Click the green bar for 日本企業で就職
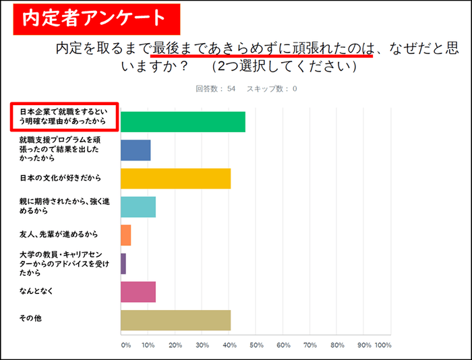tap(183, 121)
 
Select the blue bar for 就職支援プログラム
tap(136, 150)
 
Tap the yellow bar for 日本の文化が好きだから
tap(175, 178)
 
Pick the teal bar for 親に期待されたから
tap(138, 207)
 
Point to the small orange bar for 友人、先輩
tap(125, 235)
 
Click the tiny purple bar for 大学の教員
tap(123, 264)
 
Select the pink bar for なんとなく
tap(138, 291)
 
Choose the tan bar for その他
tap(175, 320)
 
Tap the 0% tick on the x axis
tap(125, 345)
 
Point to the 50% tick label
tap(256, 345)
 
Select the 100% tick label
tap(383, 345)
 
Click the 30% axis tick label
tap(202, 345)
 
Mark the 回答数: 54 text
tap(215, 89)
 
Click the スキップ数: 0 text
tap(272, 89)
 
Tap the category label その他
tap(30, 318)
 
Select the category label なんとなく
tap(37, 291)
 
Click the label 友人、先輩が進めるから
tap(59, 234)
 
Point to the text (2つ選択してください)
tap(284, 67)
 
